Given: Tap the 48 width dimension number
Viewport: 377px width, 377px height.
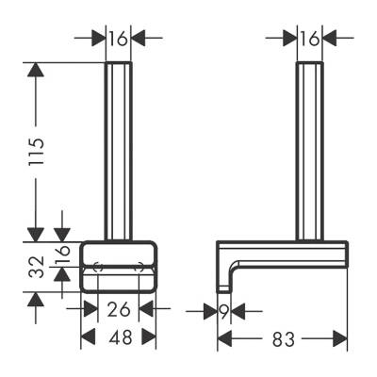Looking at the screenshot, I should [x=117, y=336].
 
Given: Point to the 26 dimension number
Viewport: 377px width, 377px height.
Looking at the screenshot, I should [x=117, y=308].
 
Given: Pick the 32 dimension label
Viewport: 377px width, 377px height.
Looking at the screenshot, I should [x=36, y=267].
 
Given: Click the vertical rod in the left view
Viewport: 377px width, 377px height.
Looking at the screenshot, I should [x=117, y=151].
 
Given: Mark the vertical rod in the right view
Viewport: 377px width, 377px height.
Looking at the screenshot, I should [x=309, y=151].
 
